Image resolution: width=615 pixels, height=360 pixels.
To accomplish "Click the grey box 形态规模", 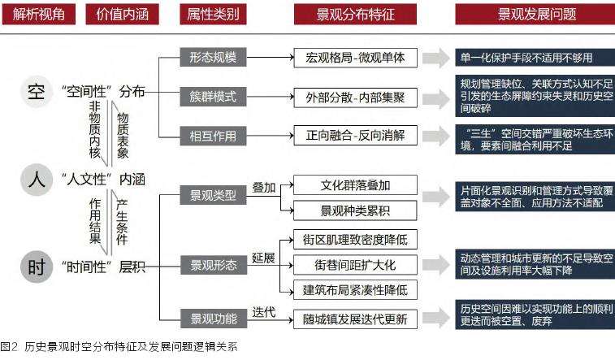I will coord(213,58).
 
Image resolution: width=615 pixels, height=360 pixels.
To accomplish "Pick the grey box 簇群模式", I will coord(213,96).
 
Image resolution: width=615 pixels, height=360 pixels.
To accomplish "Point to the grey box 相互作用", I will coord(213,134).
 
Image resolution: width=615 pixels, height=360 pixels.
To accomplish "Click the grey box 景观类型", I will coord(213,195).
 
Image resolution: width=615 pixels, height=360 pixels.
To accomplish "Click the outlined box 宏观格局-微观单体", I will coord(350,58).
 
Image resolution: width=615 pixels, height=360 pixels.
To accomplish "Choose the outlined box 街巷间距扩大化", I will coord(350,264).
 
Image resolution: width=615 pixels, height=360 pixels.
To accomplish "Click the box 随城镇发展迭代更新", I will coord(350,318).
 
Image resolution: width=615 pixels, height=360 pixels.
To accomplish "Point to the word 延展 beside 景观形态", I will coord(264,257).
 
